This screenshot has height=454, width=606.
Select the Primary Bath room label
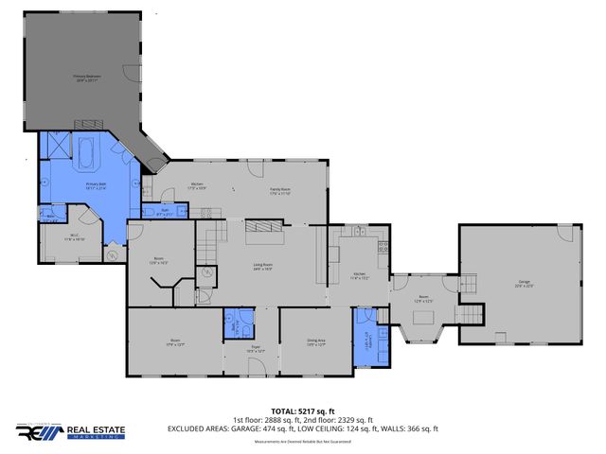pyautogui.click(x=96, y=186)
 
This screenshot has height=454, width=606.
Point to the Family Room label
pyautogui.click(x=279, y=191)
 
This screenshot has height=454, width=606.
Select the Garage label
pyautogui.click(x=523, y=282)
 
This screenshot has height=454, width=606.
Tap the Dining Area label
pyautogui.click(x=315, y=341)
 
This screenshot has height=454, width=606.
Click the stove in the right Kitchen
pyautogui.click(x=383, y=249)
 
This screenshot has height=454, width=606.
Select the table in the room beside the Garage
pyautogui.click(x=423, y=314)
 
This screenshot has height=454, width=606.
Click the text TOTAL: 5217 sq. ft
pyautogui.click(x=302, y=411)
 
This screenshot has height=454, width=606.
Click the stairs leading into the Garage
pyautogui.click(x=467, y=313)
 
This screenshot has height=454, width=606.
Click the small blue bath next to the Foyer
pyautogui.click(x=237, y=323)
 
